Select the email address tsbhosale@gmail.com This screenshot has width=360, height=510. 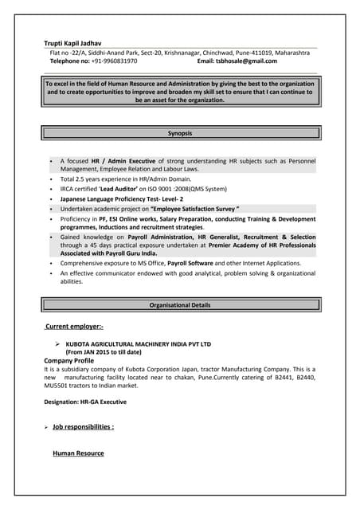[247, 61]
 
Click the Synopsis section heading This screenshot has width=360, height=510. [180, 132]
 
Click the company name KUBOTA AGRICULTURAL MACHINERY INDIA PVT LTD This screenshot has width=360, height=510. [139, 343]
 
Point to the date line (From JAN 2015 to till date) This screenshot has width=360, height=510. [104, 351]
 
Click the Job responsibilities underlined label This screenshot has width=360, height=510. [83, 427]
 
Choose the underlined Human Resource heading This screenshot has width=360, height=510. [78, 453]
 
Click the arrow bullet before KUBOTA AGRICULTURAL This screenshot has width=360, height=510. [57, 343]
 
